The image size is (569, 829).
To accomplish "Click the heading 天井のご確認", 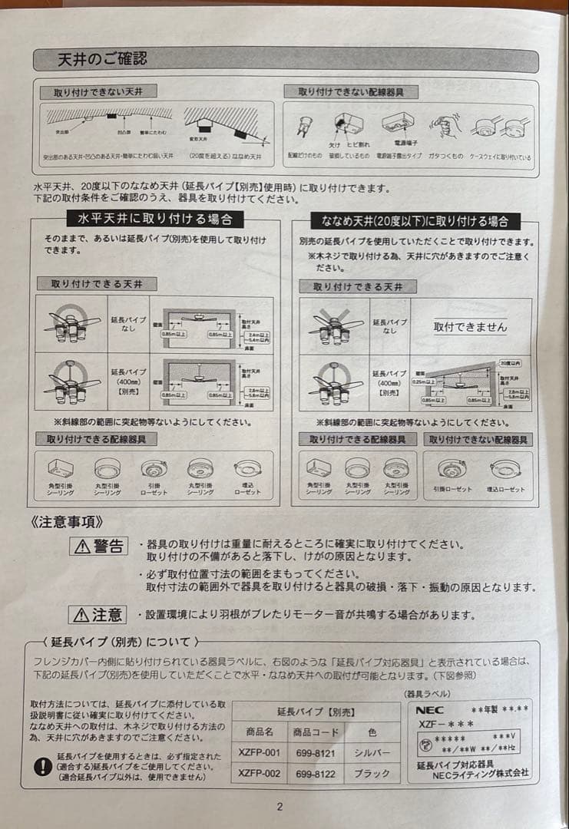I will [102, 59].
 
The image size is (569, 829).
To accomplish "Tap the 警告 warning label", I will [99, 546].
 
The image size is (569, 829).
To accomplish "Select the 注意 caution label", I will [99, 614].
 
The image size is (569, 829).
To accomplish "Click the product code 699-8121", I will [315, 753].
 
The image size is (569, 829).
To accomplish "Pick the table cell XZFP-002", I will [259, 774].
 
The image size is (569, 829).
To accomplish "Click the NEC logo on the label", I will [431, 709].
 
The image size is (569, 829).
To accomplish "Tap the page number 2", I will [280, 806].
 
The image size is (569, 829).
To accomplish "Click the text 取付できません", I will [470, 326].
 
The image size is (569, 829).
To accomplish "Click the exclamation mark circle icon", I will [44, 765].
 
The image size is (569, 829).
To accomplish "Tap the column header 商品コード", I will [315, 732].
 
